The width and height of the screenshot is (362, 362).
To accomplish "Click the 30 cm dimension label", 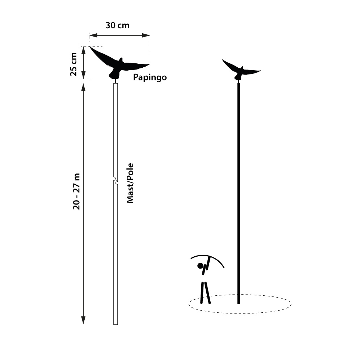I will point(117,26).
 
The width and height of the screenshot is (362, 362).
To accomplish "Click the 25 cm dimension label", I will point(74,64).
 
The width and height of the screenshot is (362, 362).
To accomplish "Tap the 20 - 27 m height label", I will point(76,192).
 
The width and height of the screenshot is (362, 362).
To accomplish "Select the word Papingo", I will point(150,77).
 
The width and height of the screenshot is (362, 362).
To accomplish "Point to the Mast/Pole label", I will point(130,183).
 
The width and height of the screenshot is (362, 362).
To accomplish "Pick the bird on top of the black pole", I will point(240,70).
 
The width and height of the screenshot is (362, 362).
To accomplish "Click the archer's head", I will point(200,266).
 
